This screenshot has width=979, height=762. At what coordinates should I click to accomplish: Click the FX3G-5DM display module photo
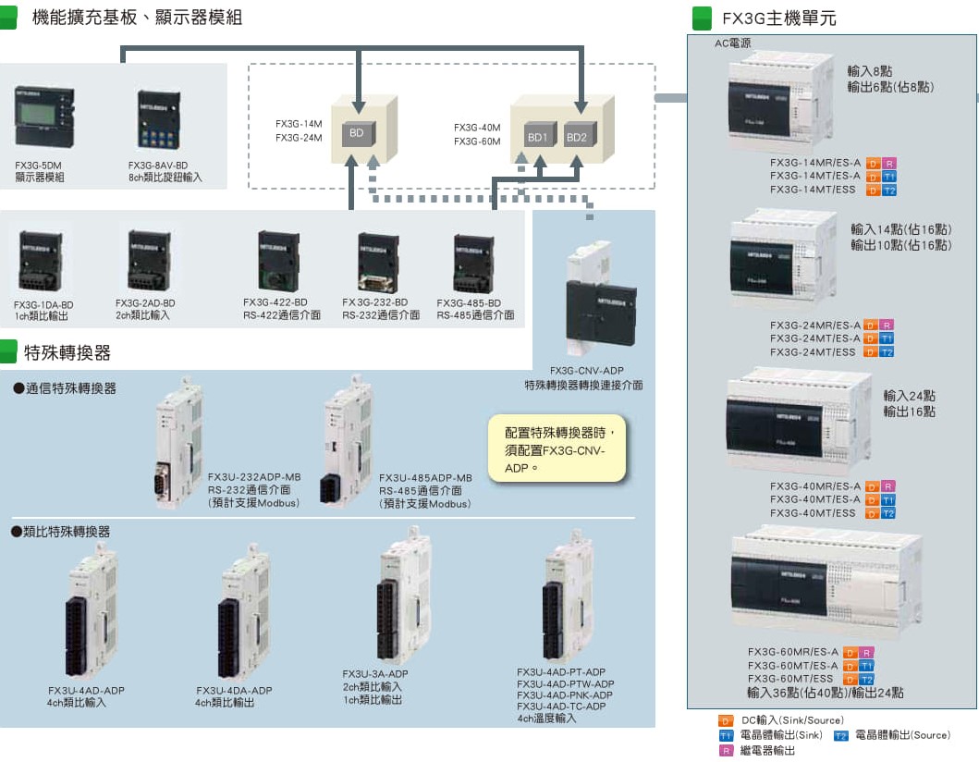[40, 118]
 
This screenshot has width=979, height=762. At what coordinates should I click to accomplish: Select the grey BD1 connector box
[537, 136]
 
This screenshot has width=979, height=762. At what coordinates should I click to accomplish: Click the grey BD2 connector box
[576, 136]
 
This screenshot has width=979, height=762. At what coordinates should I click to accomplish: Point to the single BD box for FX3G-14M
[356, 133]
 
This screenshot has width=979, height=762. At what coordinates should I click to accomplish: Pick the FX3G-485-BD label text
[469, 302]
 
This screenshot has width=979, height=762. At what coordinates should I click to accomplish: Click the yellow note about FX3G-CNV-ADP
[557, 448]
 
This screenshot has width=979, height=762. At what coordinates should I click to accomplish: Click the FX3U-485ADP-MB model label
[425, 478]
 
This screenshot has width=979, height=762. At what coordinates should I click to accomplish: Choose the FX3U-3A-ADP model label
[374, 674]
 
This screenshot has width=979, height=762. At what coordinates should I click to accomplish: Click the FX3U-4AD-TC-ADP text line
[561, 707]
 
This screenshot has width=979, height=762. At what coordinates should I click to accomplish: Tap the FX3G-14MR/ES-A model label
[815, 163]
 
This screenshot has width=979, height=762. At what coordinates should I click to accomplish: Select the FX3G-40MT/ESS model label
[814, 512]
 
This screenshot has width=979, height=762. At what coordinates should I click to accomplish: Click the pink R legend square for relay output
[727, 751]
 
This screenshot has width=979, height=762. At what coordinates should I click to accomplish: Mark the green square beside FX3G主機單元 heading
[703, 18]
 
